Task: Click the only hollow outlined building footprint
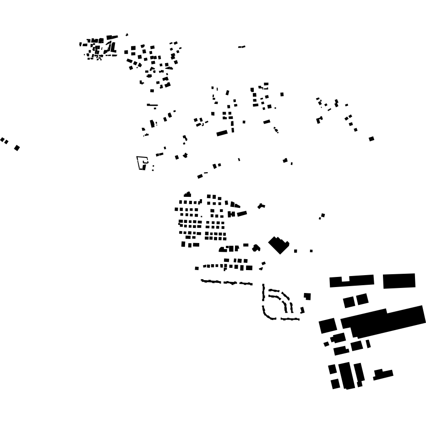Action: (142, 162)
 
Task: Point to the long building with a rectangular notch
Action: (351, 281)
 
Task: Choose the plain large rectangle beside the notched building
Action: (399, 281)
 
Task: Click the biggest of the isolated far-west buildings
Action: (17, 147)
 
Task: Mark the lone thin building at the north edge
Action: (241, 47)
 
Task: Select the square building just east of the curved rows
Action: (307, 296)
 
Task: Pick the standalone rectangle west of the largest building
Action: (328, 326)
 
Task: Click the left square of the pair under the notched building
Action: (349, 302)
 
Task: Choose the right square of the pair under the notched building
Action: (362, 299)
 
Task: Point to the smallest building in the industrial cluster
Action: (326, 343)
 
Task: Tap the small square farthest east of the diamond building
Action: (311, 251)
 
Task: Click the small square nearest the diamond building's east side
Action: (295, 251)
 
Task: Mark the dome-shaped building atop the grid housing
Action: (187, 195)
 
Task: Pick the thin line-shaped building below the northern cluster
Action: (152, 105)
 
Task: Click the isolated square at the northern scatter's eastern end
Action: (371, 139)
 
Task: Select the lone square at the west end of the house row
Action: (197, 268)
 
